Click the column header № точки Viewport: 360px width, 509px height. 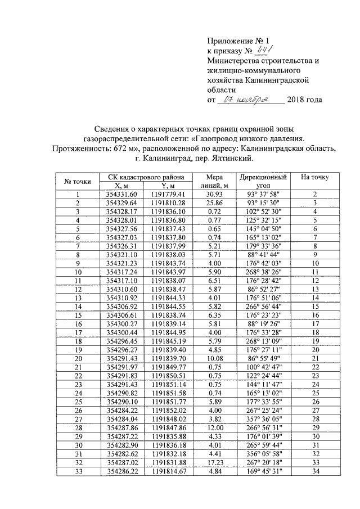coord(78,181)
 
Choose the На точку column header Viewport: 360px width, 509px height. coord(315,177)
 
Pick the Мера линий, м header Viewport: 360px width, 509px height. coord(214,181)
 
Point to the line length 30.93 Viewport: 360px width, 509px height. coord(214,194)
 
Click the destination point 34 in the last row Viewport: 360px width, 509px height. coord(315,471)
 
